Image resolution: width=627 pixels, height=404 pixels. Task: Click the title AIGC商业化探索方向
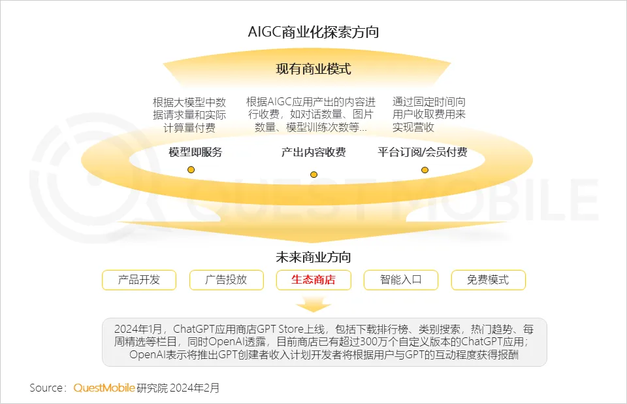pos(313,32)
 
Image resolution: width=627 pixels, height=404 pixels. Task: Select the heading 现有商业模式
pos(313,69)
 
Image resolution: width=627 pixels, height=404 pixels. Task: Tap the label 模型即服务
pos(195,152)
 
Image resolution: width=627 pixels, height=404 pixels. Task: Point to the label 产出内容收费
pos(313,152)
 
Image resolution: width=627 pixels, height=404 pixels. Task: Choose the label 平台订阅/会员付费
pos(423,152)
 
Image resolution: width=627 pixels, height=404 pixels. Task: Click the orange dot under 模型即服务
pos(191,170)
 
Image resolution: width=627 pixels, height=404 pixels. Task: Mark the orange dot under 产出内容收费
pos(313,175)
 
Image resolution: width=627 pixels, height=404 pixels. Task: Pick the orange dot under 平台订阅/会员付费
pos(425,170)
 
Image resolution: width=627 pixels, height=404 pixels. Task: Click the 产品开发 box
pos(139,280)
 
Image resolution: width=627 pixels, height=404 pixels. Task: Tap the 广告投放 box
pos(227,280)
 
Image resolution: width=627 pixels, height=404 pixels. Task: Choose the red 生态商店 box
pos(313,280)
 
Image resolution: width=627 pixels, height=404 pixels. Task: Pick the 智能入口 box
pos(401,280)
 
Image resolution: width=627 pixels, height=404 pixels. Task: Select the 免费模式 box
pos(488,280)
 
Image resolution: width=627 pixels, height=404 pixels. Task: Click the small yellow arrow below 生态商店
pos(313,304)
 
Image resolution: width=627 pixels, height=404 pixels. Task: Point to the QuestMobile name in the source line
pos(104,388)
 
